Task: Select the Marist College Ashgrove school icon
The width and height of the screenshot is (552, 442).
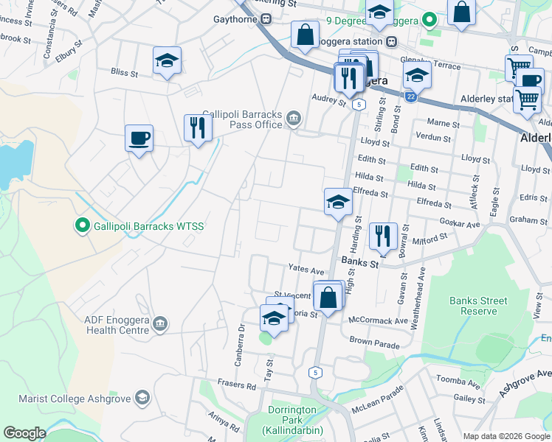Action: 142,399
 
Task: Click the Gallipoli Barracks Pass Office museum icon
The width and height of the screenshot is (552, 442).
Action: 294,119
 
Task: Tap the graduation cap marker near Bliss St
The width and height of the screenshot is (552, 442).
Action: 168,61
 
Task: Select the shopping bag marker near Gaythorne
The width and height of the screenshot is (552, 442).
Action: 305,35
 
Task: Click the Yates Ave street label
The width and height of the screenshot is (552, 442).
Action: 306,270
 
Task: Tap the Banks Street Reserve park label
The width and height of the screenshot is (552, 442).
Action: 479,306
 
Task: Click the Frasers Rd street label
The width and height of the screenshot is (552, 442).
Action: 236,384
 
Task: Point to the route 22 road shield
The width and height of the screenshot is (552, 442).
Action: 410,96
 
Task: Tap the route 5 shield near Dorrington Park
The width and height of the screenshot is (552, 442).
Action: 315,372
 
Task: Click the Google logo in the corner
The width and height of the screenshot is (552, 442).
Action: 25,433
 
